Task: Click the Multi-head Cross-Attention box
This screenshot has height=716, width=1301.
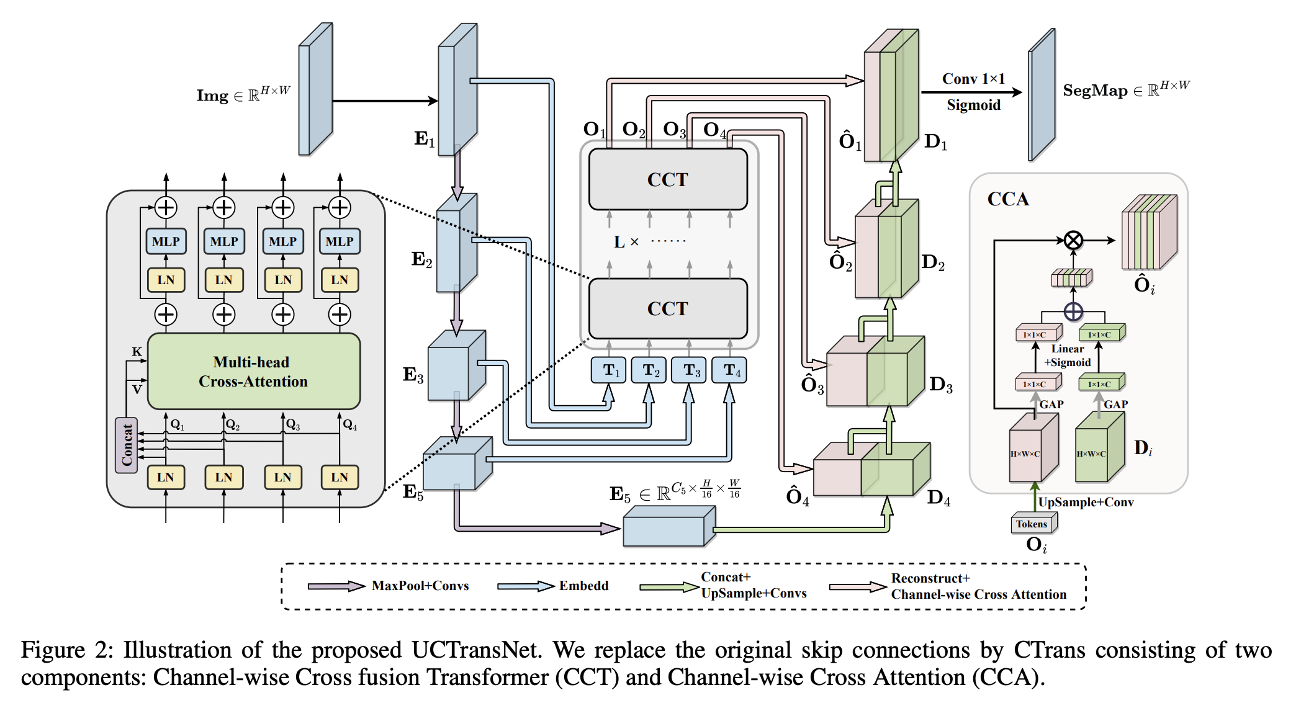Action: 253,371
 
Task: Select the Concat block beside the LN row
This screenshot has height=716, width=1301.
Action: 127,445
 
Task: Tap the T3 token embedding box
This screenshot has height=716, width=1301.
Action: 689,370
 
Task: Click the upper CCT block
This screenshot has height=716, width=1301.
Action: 668,179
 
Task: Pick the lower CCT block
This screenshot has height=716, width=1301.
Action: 668,308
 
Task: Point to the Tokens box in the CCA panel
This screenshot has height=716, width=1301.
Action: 1032,524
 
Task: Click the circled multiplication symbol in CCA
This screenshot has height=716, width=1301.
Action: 1073,240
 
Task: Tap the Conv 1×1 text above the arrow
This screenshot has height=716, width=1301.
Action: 973,79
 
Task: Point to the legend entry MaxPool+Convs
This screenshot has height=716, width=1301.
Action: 420,586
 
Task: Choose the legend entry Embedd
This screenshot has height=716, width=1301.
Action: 583,586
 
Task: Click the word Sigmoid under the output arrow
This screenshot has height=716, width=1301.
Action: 973,105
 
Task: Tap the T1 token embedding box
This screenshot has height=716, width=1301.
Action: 609,370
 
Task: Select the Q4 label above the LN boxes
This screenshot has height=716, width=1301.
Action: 350,425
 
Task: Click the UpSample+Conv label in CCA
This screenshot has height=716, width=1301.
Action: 1086,502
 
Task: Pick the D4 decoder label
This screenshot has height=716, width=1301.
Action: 939,498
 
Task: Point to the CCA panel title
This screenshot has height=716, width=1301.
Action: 1008,199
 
